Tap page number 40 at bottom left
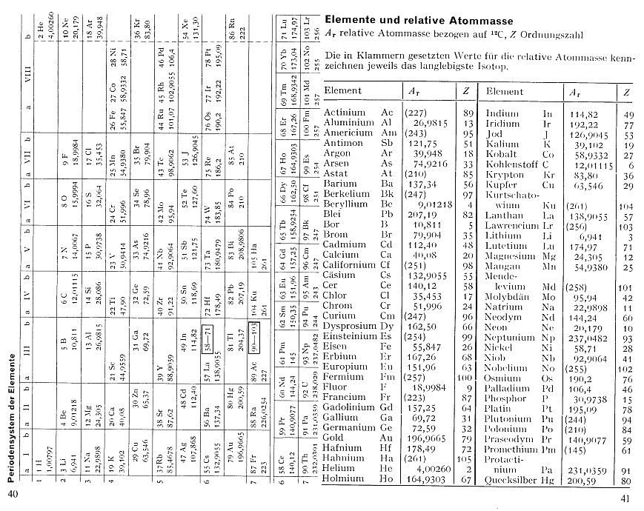tap(13, 494)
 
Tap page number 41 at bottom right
tap(631, 498)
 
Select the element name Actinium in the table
tap(346, 113)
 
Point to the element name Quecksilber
tap(511, 480)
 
